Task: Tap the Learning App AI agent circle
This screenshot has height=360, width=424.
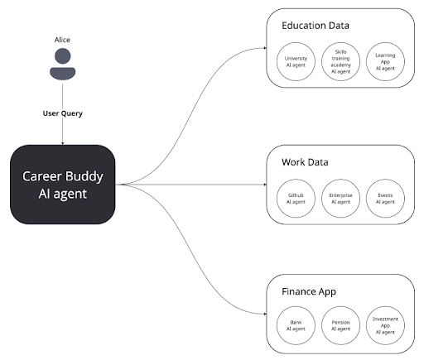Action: click(383, 62)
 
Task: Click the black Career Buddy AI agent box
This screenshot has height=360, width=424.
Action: click(62, 183)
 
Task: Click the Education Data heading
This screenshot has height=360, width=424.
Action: click(315, 26)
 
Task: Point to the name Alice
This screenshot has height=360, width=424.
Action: click(62, 40)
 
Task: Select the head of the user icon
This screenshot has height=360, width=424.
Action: click(62, 57)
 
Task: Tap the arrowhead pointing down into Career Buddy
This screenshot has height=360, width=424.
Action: click(62, 142)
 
